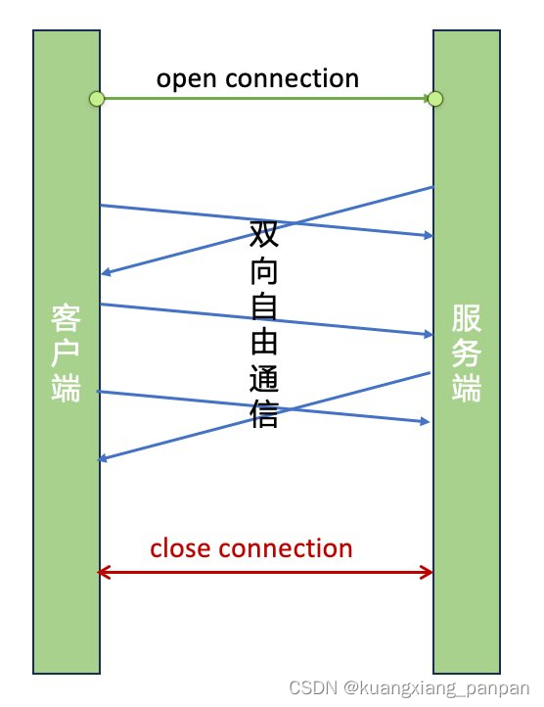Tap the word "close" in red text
[x=180, y=548]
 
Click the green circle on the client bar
[x=96, y=98]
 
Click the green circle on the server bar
[x=435, y=98]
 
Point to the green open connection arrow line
[x=264, y=98]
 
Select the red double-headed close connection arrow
[x=265, y=572]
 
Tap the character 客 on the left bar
[x=67, y=318]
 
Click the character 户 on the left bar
[x=67, y=352]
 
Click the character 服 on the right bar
[x=467, y=319]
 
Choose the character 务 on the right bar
[x=467, y=353]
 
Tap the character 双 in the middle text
[x=264, y=235]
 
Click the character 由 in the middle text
[x=264, y=343]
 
